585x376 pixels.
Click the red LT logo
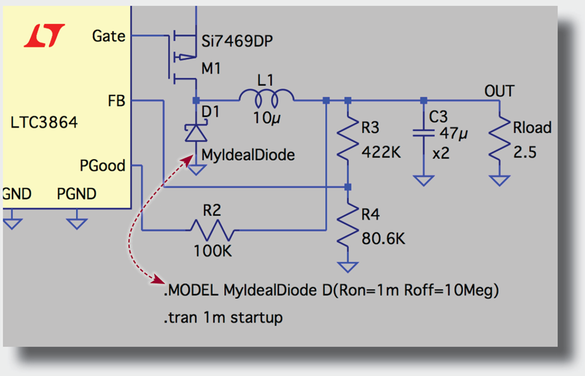pos(44,36)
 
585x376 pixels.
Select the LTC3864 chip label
pos(44,122)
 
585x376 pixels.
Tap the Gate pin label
pos(109,36)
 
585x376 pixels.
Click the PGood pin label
pos(102,166)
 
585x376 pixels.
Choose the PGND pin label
pos(77,194)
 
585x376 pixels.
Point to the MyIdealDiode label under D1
pos(248,155)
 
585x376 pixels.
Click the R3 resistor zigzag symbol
pos(348,138)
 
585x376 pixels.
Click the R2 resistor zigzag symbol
pos(211,230)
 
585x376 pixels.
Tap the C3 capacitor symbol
pos(423,133)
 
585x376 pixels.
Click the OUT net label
pos(499,90)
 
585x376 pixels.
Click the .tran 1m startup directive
pos(223,318)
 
